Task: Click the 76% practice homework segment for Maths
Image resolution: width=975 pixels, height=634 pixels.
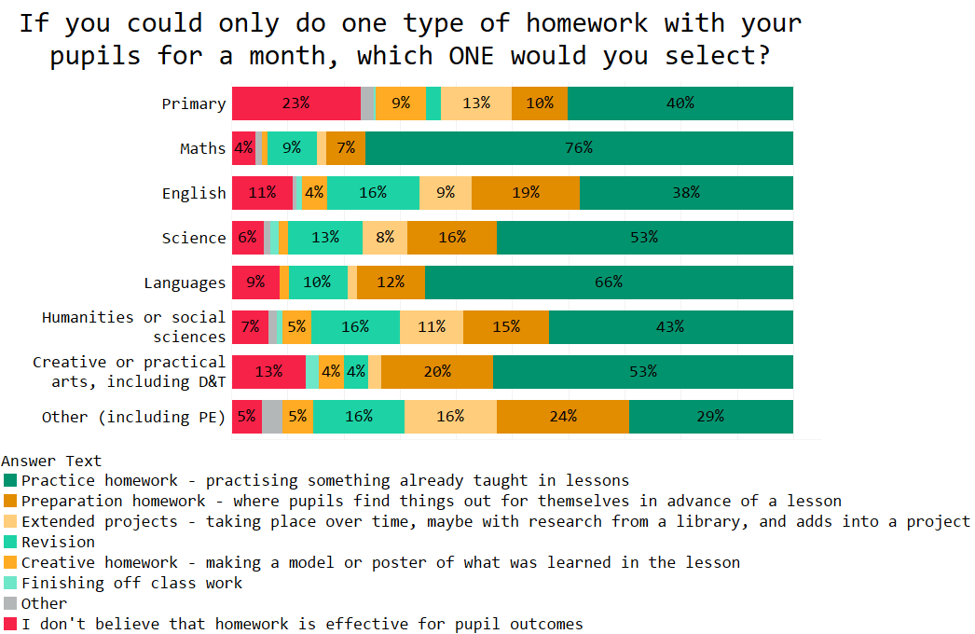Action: (x=579, y=148)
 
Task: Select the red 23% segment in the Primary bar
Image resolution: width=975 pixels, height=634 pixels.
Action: (x=295, y=103)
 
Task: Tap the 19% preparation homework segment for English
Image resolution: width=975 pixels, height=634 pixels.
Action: (x=526, y=193)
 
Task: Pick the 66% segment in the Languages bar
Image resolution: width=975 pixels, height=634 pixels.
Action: (x=609, y=283)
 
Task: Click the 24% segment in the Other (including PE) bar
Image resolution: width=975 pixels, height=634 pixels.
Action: (x=563, y=417)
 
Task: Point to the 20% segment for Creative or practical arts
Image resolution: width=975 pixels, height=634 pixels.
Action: (x=437, y=372)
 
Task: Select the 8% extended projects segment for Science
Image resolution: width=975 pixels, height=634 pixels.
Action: (x=385, y=238)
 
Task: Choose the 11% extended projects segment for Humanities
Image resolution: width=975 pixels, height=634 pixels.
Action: (x=432, y=327)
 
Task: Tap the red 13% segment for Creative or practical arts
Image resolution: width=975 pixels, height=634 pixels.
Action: (x=268, y=372)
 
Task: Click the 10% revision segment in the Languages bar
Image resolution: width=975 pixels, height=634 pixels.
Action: (x=318, y=283)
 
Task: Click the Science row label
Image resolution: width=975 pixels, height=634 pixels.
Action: (x=194, y=238)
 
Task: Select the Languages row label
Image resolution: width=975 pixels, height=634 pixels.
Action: (x=185, y=283)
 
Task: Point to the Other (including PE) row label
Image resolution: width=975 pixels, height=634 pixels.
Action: (x=134, y=417)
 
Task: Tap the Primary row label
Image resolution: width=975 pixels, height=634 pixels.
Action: (x=194, y=103)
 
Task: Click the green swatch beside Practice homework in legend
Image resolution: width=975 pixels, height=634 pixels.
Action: (x=10, y=481)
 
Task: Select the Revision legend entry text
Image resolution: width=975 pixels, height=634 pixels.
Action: (x=58, y=543)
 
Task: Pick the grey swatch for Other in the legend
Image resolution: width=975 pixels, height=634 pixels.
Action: (x=10, y=604)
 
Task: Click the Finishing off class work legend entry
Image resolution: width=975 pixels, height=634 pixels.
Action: (x=131, y=584)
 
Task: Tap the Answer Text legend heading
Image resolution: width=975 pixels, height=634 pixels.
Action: (x=51, y=461)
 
